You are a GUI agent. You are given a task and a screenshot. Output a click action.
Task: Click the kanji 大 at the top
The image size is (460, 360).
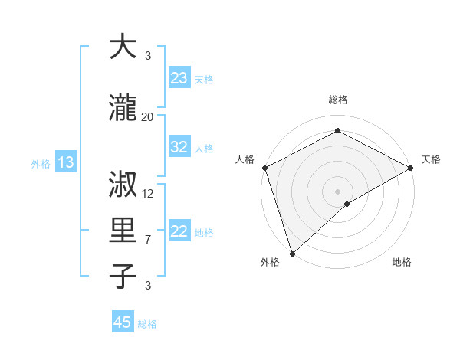[x=123, y=47]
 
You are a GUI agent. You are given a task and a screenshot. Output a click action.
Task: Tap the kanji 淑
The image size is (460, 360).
[x=123, y=185]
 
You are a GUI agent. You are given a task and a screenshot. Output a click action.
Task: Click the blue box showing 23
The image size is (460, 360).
[x=179, y=78]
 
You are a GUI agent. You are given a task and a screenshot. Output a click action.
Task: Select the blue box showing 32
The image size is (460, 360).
[x=179, y=147]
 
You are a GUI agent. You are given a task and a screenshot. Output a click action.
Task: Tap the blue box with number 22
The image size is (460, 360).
[x=179, y=231]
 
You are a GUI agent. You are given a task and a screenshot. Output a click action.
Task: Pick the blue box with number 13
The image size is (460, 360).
[x=65, y=162]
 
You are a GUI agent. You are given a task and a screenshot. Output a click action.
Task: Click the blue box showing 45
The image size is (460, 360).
[x=123, y=322]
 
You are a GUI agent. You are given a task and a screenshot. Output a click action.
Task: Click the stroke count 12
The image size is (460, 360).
[x=148, y=193]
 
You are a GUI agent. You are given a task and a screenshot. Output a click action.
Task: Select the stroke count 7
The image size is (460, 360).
[x=148, y=240]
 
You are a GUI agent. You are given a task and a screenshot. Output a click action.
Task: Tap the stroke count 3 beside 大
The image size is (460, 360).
[x=148, y=56]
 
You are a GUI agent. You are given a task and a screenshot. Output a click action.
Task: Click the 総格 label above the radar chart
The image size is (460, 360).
[x=337, y=100]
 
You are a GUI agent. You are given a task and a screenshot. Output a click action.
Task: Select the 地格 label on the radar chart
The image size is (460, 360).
[x=402, y=262]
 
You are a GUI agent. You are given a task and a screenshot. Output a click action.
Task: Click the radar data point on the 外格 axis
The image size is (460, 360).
[x=292, y=253]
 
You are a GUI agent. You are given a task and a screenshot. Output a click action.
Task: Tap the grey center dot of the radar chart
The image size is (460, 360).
[x=337, y=191]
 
